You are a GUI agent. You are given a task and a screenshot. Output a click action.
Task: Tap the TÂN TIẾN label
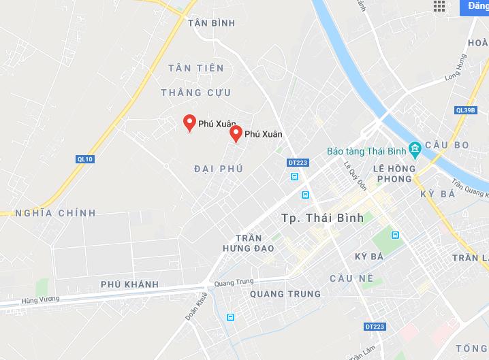pyautogui.click(x=196, y=68)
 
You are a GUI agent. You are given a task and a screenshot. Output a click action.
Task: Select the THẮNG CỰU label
pyautogui.click(x=196, y=93)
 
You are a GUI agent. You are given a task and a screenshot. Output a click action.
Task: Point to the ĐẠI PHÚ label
pyautogui.click(x=218, y=169)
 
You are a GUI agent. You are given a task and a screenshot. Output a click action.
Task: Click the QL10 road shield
pyautogui.click(x=84, y=159)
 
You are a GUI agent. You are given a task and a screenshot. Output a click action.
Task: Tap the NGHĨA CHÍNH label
pyautogui.click(x=55, y=213)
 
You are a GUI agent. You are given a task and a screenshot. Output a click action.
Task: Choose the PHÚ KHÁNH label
pyautogui.click(x=129, y=284)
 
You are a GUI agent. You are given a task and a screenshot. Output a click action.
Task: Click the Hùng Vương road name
pyautogui.click(x=40, y=299)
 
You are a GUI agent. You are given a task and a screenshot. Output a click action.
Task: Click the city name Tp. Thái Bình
pyautogui.click(x=322, y=218)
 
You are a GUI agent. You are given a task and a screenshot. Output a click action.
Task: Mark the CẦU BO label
pyautogui.click(x=447, y=145)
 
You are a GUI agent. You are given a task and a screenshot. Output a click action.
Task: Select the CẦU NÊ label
pyautogui.click(x=351, y=278)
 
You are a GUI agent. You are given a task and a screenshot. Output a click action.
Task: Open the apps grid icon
pyautogui.click(x=439, y=6)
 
